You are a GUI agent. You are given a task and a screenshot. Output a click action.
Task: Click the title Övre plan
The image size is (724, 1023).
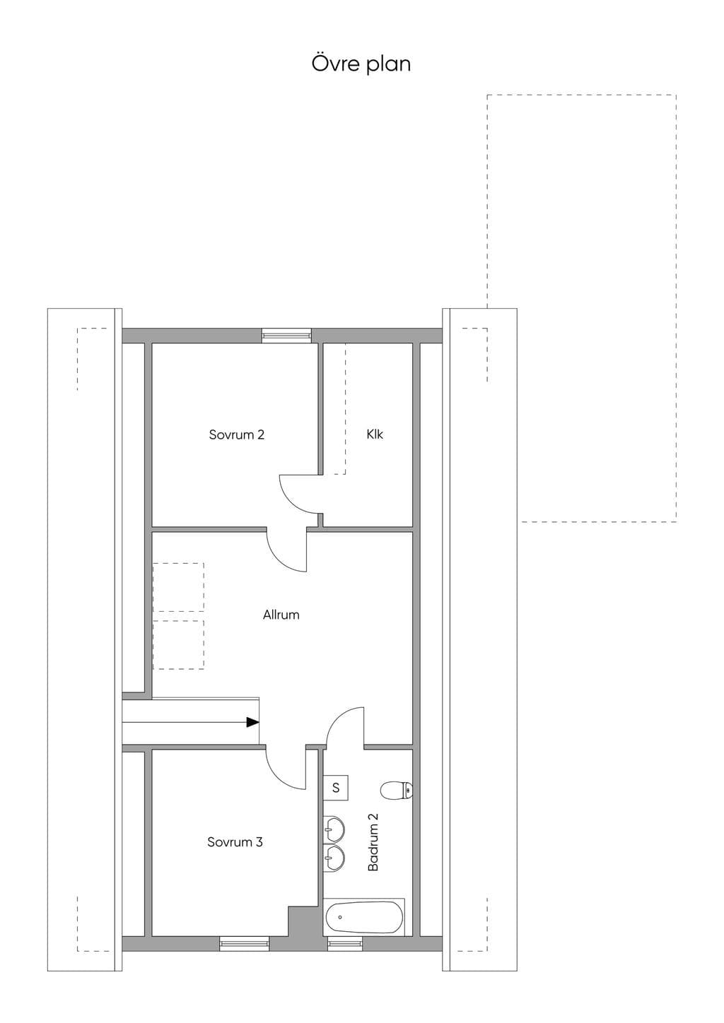[361, 64]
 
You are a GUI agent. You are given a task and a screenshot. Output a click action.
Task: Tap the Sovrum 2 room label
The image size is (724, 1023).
[237, 434]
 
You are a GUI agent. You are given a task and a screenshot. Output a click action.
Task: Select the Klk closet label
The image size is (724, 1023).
[374, 434]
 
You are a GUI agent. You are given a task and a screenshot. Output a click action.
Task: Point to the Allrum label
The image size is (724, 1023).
[281, 615]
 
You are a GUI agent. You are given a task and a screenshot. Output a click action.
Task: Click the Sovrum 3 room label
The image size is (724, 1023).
[235, 841]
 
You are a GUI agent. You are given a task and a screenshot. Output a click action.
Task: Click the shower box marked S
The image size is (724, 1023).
[336, 788]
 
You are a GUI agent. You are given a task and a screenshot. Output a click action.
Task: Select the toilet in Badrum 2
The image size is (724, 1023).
[396, 791]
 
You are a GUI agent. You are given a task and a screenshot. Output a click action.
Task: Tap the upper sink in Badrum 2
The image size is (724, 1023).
[333, 829]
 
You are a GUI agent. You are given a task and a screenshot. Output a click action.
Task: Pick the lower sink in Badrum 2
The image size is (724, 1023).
[333, 858]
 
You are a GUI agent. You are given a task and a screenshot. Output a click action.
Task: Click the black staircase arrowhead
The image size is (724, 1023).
[252, 722]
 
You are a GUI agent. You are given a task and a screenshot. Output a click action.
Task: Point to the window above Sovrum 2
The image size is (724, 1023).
[286, 335]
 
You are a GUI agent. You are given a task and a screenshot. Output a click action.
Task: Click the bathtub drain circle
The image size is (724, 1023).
[340, 917]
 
